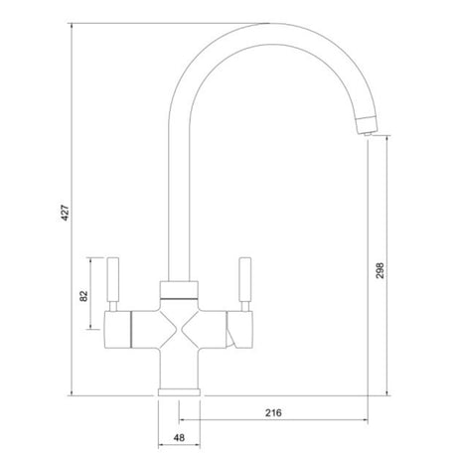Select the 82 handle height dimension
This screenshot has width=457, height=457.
coord(85,295)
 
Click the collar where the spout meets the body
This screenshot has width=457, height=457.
coord(180,290)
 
